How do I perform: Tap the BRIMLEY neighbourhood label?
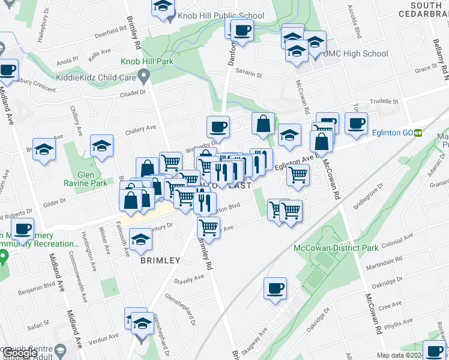pos(160,260)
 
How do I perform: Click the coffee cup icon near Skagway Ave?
pos(276,288)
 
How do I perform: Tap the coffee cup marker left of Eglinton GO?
pos(356,123)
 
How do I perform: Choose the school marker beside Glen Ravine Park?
pos(102,145)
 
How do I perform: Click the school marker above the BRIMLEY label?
pos(141,239)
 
